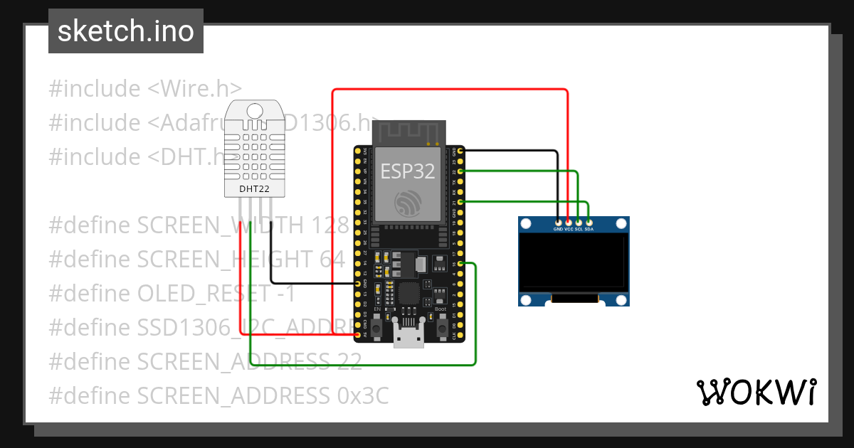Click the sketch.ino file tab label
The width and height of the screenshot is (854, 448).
pos(125,31)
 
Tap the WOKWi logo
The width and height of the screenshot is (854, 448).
pos(755,392)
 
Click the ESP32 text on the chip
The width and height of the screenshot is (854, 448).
pos(407,171)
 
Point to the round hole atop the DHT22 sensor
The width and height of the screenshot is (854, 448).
pos(255,110)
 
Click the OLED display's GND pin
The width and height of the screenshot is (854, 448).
pos(557,223)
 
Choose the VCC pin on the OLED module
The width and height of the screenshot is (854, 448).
pos(568,223)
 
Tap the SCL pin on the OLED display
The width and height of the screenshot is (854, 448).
pos(579,223)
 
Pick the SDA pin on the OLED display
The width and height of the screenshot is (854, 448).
pos(589,223)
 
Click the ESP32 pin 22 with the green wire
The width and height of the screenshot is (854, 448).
pos(461,171)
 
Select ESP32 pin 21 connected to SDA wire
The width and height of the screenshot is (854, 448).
pos(461,203)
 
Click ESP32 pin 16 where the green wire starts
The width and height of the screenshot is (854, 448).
pos(461,264)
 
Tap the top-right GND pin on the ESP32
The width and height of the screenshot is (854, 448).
pos(461,151)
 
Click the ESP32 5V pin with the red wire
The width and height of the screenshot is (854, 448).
pos(357,334)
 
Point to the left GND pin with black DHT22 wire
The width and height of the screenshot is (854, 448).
pos(357,284)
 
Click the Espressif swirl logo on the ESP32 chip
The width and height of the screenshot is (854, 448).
pos(407,202)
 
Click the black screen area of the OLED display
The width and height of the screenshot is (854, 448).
pos(574,263)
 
